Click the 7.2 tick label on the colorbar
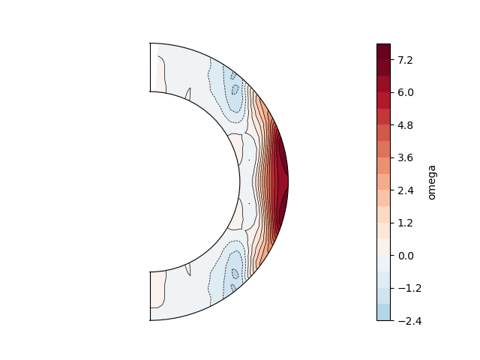point(405,60)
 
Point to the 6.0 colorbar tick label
point(406,92)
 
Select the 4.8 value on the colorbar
point(405,125)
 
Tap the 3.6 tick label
point(405,157)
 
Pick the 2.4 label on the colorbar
point(406,190)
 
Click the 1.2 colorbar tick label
point(405,223)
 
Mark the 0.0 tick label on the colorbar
point(406,256)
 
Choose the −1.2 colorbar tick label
point(409,288)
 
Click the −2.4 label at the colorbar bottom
point(409,321)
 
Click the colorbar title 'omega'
point(432,182)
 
